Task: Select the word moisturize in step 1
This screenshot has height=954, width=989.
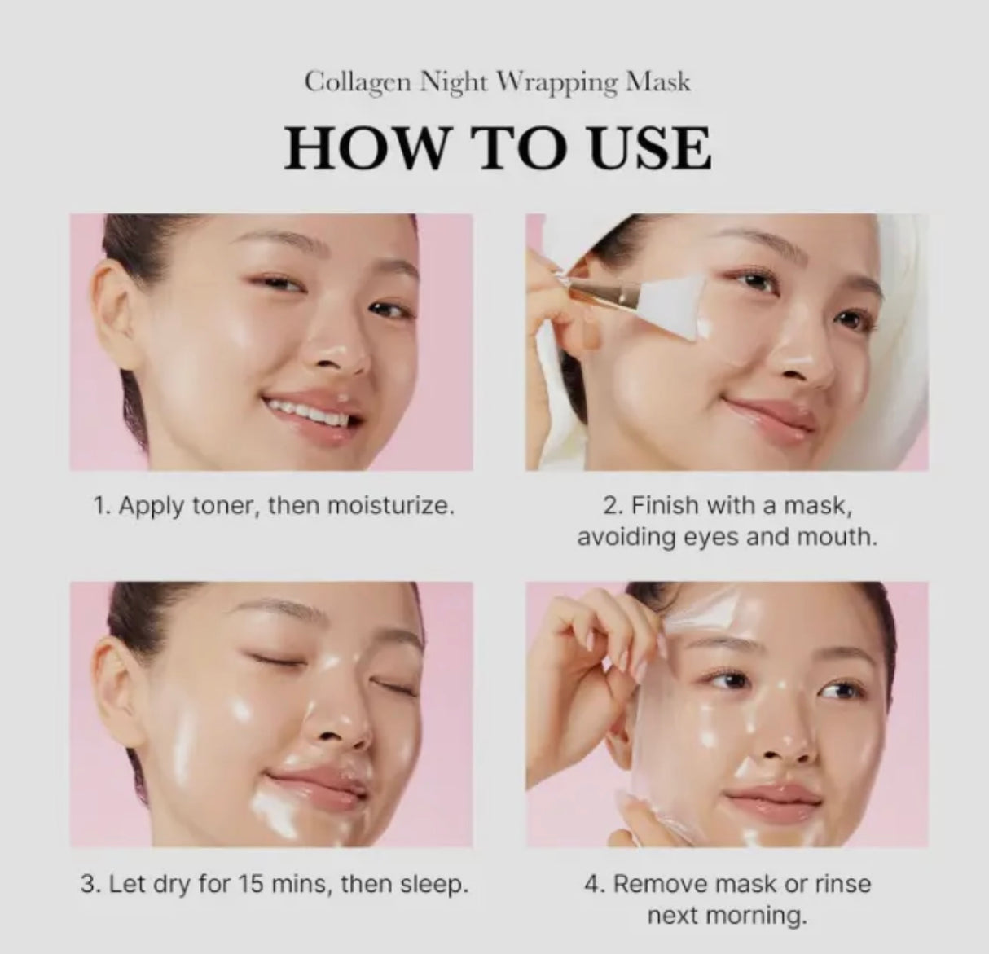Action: [x=389, y=506]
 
